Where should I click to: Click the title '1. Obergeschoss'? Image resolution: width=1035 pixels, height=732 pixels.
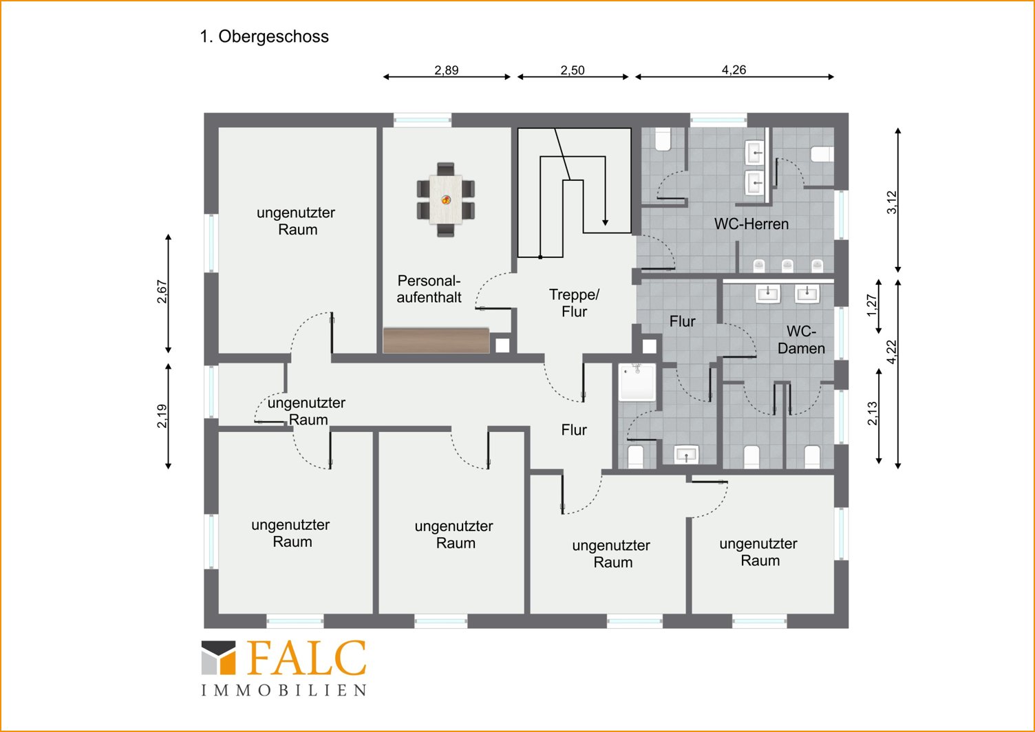coord(264,36)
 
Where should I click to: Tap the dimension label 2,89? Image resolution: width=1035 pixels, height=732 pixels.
coord(447,70)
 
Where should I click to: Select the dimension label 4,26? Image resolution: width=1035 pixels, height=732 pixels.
coord(734,69)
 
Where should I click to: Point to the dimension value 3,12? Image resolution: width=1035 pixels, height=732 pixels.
coord(892,202)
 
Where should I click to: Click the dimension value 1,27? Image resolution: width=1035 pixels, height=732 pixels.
coord(872,305)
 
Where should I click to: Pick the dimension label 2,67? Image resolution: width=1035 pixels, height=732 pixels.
coord(162,292)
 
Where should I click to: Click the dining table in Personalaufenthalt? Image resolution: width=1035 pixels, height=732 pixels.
coord(446,199)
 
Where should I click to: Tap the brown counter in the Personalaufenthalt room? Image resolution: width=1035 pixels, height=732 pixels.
coord(436,341)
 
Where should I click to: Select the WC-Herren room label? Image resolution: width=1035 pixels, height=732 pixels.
coord(751,224)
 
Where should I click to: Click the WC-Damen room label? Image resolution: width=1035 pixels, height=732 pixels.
coord(801,339)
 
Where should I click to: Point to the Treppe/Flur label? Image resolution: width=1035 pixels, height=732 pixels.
coord(574,303)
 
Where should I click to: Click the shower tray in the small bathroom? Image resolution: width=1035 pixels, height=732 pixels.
coord(638,382)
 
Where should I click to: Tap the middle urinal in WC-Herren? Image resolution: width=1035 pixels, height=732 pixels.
coord(787,265)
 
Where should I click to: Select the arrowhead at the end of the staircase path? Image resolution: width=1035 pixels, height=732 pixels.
coord(606,223)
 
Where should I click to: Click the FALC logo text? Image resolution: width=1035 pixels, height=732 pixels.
coord(308,658)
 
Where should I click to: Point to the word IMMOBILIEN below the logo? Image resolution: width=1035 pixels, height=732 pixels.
coord(284,691)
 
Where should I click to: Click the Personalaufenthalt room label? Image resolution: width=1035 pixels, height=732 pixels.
coord(429,289)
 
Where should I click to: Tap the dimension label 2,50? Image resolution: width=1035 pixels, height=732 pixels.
coord(573,70)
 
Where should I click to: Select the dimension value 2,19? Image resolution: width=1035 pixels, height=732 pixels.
coord(162,416)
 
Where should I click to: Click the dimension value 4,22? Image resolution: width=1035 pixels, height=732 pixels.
coord(892,352)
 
